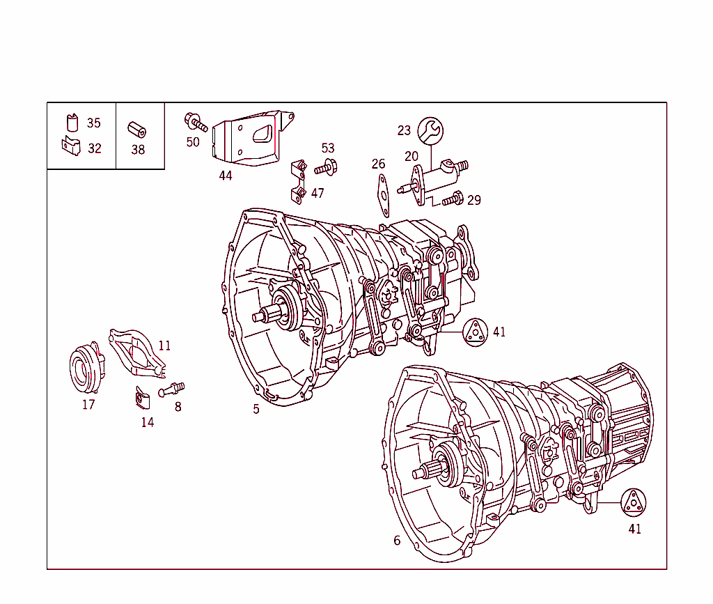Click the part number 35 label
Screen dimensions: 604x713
93,123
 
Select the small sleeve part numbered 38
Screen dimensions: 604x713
136,130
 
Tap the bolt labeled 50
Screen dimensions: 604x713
196,123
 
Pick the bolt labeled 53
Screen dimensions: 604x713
326,167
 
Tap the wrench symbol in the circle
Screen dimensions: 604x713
430,130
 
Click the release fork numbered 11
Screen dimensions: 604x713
138,353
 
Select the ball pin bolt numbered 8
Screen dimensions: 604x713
171,389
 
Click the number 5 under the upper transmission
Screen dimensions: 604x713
256,409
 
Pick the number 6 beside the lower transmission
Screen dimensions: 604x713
397,541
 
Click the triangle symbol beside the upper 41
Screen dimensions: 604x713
476,332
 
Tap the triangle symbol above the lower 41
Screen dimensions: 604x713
634,502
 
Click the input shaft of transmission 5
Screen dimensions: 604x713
265,317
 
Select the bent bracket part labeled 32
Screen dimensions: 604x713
71,147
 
